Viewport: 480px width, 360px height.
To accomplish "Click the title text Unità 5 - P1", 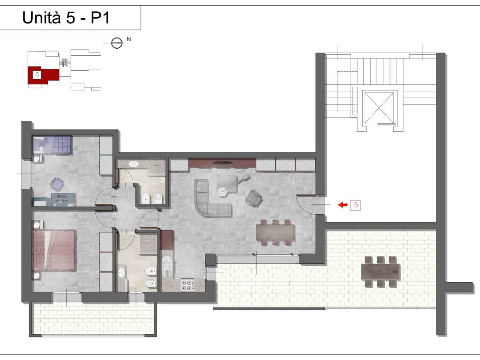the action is click(66, 18).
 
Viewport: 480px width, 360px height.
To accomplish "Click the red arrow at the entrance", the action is click(343, 204).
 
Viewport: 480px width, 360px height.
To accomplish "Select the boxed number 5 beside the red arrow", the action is click(356, 205).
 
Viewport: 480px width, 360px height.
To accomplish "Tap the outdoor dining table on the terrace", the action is click(381, 272).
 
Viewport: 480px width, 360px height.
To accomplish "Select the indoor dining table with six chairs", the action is click(276, 232).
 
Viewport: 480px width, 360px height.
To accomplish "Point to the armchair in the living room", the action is click(254, 198).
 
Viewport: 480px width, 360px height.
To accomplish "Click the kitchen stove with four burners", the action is click(187, 285).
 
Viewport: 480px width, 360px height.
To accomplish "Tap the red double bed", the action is click(54, 250).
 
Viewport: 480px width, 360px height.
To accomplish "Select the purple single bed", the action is click(52, 145).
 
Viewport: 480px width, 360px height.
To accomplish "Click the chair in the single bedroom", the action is click(57, 185).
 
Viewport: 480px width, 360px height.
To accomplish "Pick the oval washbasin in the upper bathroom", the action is click(133, 164).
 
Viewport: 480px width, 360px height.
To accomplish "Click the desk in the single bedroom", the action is click(63, 200).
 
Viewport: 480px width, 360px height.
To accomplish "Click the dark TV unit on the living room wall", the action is click(222, 163).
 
